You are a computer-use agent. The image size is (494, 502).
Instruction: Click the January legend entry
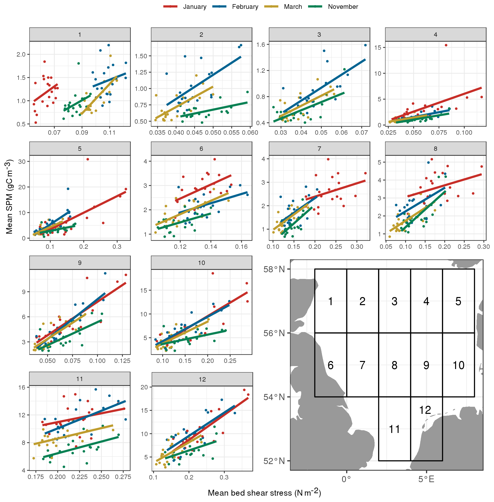(185, 7)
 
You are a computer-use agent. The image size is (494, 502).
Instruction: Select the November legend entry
(333, 7)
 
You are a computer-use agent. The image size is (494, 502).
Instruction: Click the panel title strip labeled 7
(319, 149)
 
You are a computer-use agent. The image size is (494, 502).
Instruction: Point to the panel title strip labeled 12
(202, 379)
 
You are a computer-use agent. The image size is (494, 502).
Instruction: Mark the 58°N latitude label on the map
(274, 269)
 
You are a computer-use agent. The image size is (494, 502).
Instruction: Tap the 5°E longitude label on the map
(426, 479)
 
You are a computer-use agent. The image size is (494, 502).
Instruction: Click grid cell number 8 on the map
(394, 365)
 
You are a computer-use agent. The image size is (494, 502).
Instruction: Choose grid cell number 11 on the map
(394, 429)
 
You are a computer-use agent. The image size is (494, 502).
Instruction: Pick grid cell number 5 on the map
(458, 301)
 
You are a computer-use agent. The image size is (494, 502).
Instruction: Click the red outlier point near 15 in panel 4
(446, 45)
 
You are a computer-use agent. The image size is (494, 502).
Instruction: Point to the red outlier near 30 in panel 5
(88, 159)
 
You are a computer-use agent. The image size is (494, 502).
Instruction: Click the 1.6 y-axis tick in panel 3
(261, 45)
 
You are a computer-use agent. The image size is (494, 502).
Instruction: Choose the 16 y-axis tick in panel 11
(22, 387)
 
